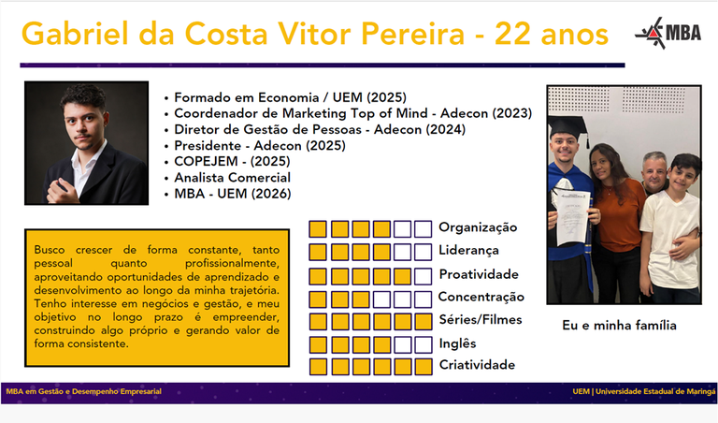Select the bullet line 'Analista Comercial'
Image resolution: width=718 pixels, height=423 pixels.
(x=233, y=178)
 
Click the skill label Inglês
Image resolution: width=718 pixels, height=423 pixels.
(x=457, y=343)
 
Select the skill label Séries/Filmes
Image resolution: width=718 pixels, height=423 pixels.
(x=481, y=320)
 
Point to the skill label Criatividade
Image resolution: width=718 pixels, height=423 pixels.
(x=477, y=365)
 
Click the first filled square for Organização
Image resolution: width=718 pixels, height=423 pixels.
(x=318, y=228)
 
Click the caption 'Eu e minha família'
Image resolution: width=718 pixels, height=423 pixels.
(x=620, y=326)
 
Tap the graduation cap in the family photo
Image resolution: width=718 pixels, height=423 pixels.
(x=567, y=125)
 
